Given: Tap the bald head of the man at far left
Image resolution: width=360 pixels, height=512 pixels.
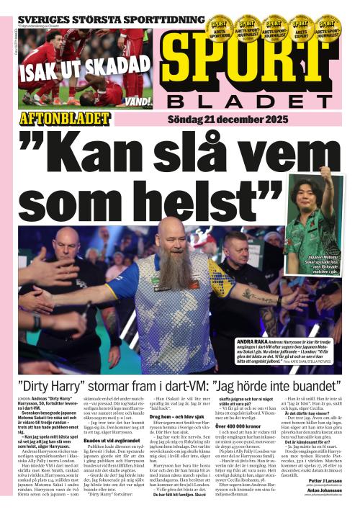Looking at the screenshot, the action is click(66, 243).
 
